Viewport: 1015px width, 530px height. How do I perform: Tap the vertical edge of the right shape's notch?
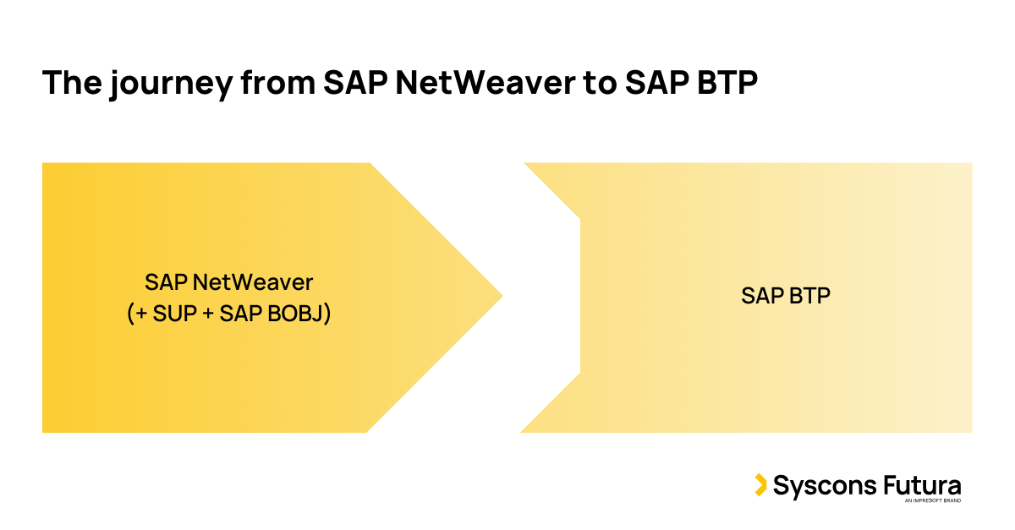[x=580, y=296]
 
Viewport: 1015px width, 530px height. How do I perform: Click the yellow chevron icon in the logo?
[x=760, y=485]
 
